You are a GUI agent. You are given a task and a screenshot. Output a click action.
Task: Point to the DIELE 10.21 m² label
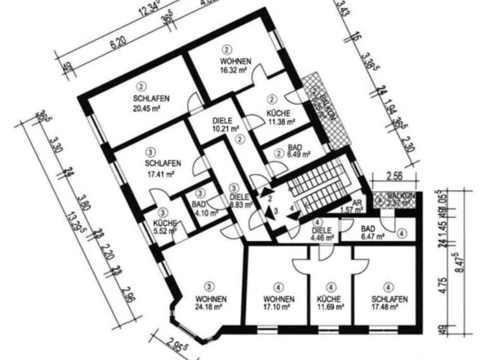[x=226, y=124]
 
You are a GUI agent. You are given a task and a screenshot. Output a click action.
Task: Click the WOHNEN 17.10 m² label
[x=279, y=304]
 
